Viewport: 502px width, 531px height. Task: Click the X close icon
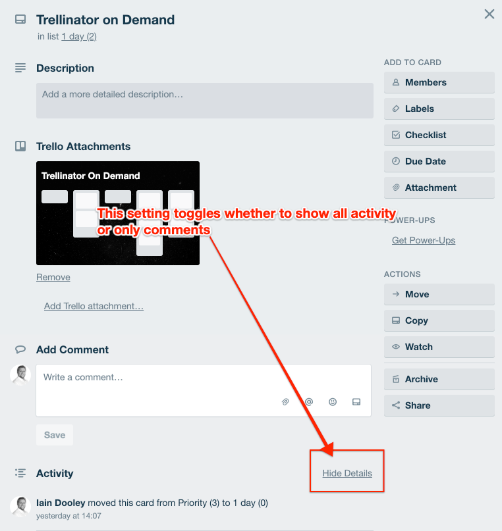[489, 14]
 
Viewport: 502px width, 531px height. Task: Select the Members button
[439, 82]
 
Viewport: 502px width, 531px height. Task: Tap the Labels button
[439, 109]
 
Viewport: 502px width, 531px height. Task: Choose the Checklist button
[439, 135]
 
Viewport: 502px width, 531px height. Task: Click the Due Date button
[439, 161]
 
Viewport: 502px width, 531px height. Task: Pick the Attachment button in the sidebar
[439, 188]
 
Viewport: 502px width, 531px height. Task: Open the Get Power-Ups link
[424, 240]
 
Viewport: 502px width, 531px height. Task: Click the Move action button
[439, 294]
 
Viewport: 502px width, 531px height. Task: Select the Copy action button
[439, 320]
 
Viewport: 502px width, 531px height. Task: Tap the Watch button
[439, 347]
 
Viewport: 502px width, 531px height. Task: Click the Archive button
[439, 379]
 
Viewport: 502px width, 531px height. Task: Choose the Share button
[439, 405]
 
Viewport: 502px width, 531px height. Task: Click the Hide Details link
[347, 473]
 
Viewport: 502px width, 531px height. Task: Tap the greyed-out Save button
[55, 435]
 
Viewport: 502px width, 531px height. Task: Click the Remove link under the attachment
[53, 277]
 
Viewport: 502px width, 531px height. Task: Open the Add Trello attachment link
[94, 306]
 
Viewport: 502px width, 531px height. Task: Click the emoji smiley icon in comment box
[333, 401]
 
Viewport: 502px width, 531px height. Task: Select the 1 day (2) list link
[79, 37]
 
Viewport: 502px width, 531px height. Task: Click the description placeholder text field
[205, 101]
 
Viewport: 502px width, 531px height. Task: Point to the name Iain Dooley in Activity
[61, 503]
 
